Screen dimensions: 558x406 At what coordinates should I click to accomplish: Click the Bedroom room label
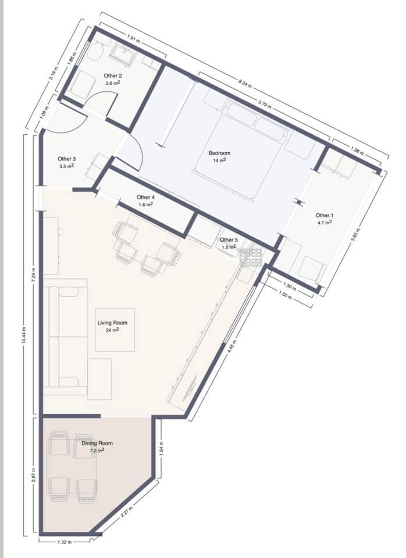[219, 153]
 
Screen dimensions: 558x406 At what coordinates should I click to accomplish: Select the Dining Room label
[97, 443]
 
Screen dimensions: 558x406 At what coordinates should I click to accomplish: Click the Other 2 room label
[113, 76]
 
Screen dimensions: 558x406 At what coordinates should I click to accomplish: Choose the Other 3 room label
[66, 159]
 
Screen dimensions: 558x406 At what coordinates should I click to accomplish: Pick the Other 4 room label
[145, 197]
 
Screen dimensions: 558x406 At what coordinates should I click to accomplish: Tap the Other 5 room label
[229, 239]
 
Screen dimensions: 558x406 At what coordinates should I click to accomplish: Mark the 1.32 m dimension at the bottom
[64, 542]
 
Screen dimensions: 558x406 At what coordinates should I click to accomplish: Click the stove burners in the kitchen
[250, 257]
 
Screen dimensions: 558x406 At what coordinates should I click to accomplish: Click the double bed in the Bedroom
[240, 152]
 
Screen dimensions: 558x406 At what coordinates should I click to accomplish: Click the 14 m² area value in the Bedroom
[219, 160]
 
